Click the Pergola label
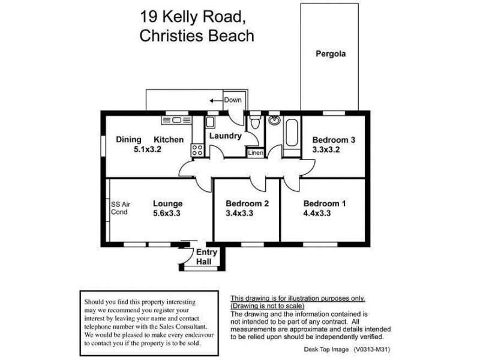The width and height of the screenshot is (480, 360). pyautogui.click(x=331, y=53)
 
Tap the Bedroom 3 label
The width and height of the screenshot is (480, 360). pyautogui.click(x=334, y=140)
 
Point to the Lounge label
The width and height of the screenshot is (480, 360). pyautogui.click(x=167, y=203)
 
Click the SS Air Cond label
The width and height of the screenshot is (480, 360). pyautogui.click(x=121, y=208)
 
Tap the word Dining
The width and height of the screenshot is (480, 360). pyautogui.click(x=128, y=140)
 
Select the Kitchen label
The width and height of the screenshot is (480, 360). pyautogui.click(x=169, y=140)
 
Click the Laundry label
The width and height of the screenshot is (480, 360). pyautogui.click(x=225, y=136)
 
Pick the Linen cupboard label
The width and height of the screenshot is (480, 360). pyautogui.click(x=255, y=153)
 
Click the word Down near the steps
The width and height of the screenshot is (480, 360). pyautogui.click(x=233, y=100)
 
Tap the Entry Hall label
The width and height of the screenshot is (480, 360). pyautogui.click(x=206, y=257)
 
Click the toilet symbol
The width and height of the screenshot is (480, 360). pyautogui.click(x=255, y=124)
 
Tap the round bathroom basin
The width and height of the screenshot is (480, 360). pyautogui.click(x=275, y=122)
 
